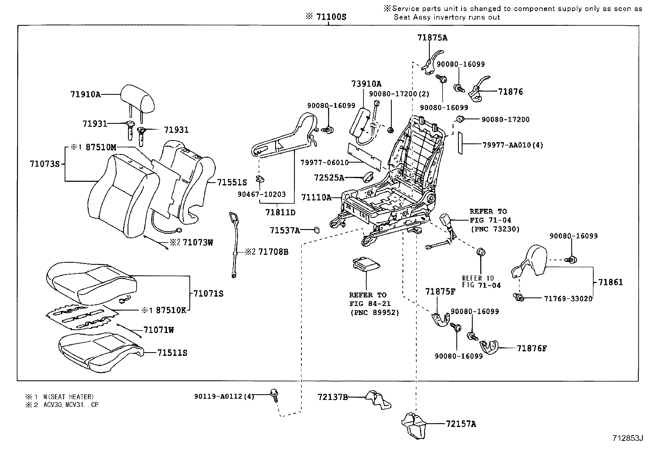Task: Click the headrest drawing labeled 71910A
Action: coord(138,98)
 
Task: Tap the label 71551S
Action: coord(232,183)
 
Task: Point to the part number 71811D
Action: coord(280,212)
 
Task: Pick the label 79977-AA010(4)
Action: coord(513,145)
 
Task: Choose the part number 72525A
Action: coord(329,178)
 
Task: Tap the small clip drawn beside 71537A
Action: coord(317,230)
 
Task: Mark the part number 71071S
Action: coord(209,293)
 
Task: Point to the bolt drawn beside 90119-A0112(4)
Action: coord(274,394)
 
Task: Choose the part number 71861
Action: coord(611,282)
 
